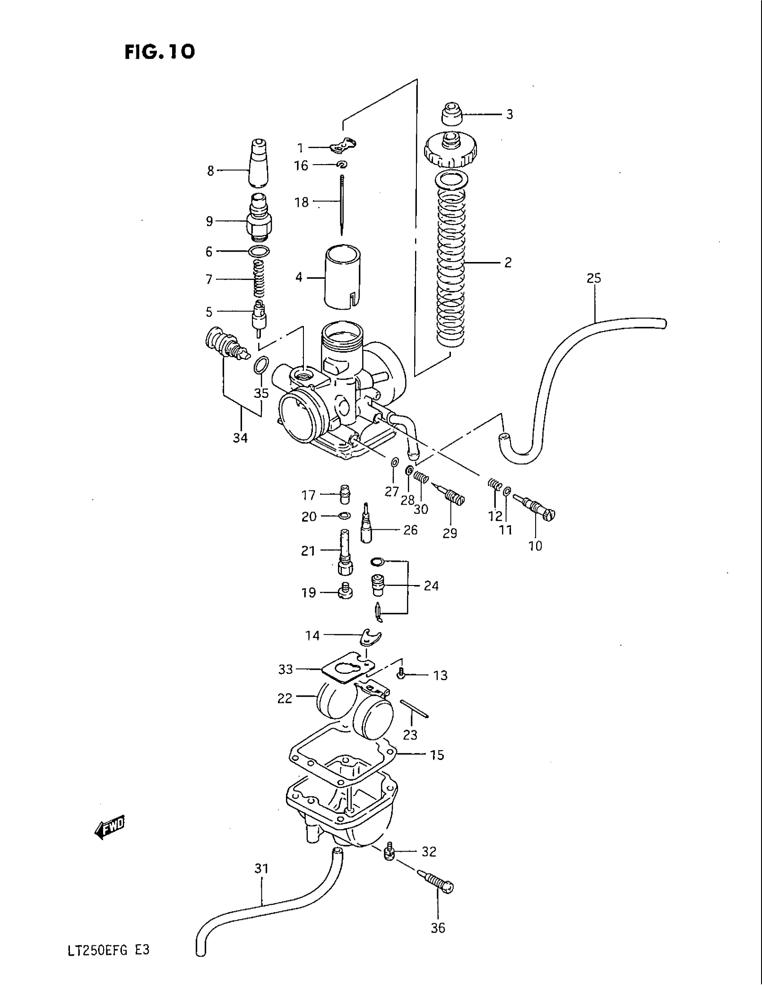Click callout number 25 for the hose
click(x=593, y=279)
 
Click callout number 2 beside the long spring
click(x=508, y=262)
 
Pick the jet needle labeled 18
click(x=342, y=203)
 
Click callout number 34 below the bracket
click(x=240, y=437)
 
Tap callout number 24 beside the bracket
click(x=431, y=586)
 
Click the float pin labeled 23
click(x=414, y=708)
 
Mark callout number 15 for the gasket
click(x=437, y=755)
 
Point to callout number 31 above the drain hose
click(x=261, y=869)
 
